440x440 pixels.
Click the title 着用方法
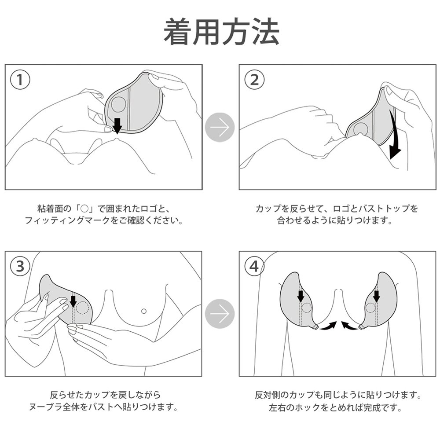click(x=221, y=32)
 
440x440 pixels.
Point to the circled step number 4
click(x=254, y=266)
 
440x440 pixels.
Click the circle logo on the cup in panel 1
click(x=118, y=105)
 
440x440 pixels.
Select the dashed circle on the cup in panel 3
click(x=82, y=308)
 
